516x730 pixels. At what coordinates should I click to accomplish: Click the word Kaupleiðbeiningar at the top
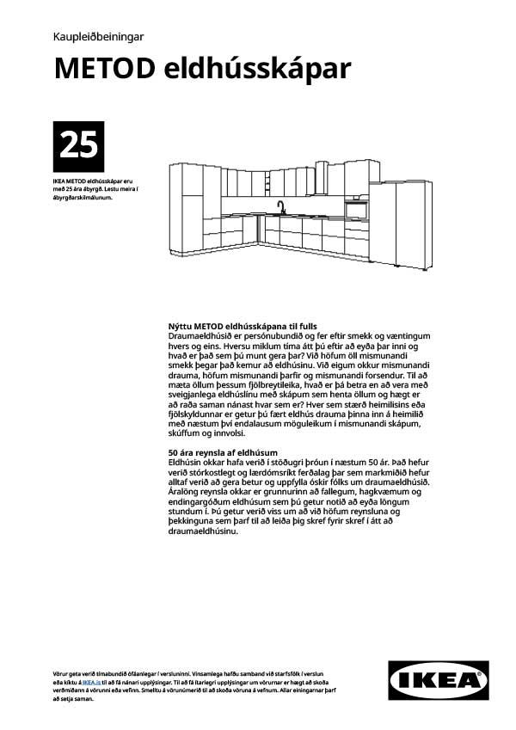click(x=97, y=37)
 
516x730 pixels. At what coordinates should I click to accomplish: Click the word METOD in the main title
click(x=104, y=69)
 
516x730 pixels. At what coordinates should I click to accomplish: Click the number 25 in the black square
click(x=78, y=146)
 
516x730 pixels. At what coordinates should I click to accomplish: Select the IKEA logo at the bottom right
click(x=439, y=679)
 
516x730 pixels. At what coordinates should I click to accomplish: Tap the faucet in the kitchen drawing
click(x=280, y=207)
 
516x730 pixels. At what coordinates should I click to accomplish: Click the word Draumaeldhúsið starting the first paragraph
click(x=203, y=336)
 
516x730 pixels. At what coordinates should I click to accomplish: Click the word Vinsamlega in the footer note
click(x=201, y=671)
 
